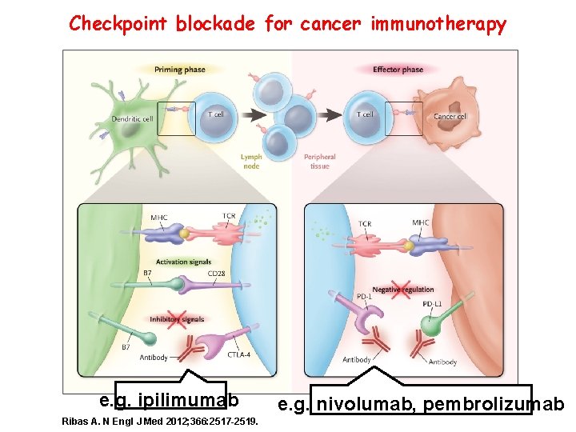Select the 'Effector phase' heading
(x=398, y=70)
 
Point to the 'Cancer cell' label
(x=450, y=117)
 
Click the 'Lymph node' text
(x=251, y=162)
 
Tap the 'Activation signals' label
(x=183, y=262)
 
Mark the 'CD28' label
(x=216, y=274)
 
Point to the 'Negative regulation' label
(x=403, y=290)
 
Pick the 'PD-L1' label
(x=432, y=303)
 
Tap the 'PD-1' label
(x=364, y=298)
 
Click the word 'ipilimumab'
(x=188, y=398)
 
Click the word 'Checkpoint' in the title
(x=119, y=24)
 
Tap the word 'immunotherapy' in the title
(x=438, y=24)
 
